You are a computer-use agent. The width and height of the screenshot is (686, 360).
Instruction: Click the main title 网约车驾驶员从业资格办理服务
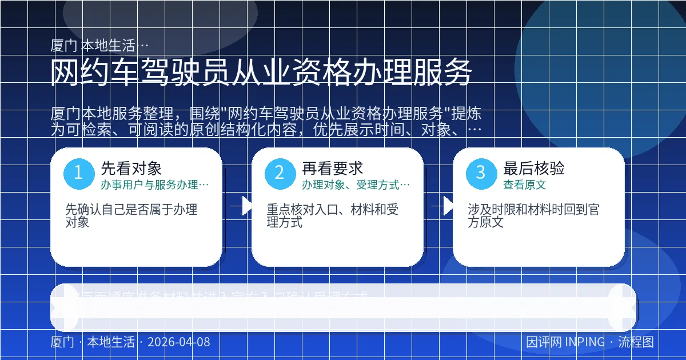click(261, 73)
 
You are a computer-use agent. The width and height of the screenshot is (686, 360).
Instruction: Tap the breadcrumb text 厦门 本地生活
click(99, 46)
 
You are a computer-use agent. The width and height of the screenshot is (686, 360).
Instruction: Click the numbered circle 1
click(78, 173)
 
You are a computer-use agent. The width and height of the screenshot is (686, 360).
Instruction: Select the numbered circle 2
click(280, 173)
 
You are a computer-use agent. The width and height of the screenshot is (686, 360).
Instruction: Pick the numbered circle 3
click(481, 173)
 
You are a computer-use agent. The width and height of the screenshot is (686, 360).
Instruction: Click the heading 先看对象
click(131, 168)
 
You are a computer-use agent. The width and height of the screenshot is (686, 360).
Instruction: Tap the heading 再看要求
click(332, 168)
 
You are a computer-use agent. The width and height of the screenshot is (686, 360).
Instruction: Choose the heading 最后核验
click(533, 168)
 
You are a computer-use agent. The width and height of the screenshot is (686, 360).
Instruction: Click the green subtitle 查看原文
click(524, 185)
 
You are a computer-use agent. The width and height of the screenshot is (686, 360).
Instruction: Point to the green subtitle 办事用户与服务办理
click(154, 185)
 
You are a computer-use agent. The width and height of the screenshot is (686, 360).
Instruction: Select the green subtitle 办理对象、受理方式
click(356, 185)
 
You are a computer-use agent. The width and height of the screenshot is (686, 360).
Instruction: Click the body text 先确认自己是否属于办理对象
click(131, 216)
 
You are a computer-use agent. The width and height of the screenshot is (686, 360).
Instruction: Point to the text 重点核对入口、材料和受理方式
click(332, 216)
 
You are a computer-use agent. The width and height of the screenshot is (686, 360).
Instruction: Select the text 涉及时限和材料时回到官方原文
click(533, 216)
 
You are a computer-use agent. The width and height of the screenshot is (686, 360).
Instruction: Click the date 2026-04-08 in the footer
click(178, 342)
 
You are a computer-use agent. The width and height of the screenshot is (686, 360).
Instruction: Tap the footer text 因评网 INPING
click(565, 342)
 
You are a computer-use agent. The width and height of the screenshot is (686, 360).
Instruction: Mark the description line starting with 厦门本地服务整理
click(265, 113)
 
